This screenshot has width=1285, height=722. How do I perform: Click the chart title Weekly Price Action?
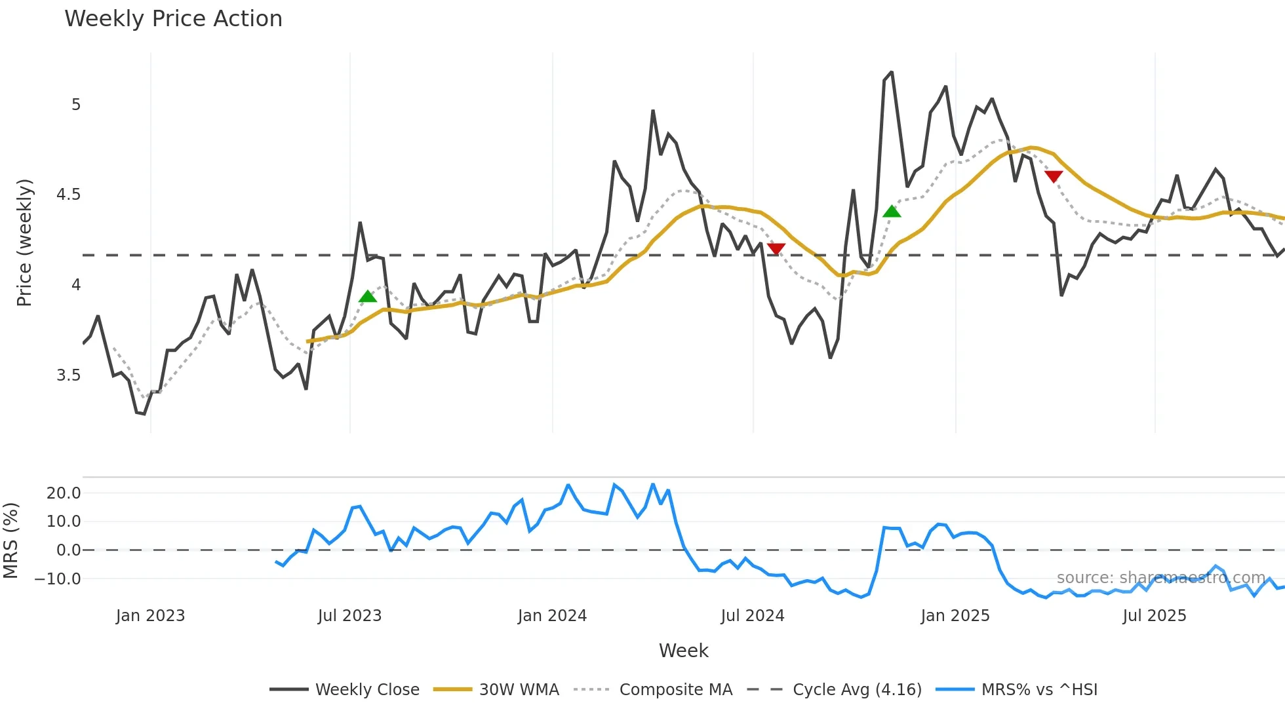(173, 19)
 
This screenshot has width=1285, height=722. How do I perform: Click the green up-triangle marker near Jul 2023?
(368, 297)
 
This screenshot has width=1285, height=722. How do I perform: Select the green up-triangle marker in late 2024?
(892, 212)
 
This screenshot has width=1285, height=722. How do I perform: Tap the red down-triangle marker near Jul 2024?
(776, 248)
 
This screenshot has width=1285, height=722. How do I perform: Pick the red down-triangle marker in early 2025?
(1053, 176)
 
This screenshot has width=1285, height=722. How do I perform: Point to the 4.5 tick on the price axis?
(68, 195)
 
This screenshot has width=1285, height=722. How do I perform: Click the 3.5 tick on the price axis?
(68, 375)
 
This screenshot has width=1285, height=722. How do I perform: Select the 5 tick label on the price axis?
(76, 105)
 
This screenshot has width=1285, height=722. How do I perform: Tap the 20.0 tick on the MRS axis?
(64, 493)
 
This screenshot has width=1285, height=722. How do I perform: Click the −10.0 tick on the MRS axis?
(58, 579)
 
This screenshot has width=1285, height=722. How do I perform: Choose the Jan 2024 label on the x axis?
(552, 616)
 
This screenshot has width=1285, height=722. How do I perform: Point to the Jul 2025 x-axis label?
(1154, 616)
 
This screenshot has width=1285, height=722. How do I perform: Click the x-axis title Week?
(683, 651)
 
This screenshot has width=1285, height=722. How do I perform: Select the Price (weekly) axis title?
(24, 242)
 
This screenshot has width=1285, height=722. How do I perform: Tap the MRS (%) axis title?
(10, 541)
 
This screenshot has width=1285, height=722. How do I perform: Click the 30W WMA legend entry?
(519, 690)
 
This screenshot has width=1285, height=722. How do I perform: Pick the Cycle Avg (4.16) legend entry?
(856, 690)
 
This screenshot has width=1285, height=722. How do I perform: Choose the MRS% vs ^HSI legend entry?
(1038, 690)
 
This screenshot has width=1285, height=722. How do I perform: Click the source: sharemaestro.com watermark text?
(1160, 578)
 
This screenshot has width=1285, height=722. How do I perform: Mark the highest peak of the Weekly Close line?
(891, 73)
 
